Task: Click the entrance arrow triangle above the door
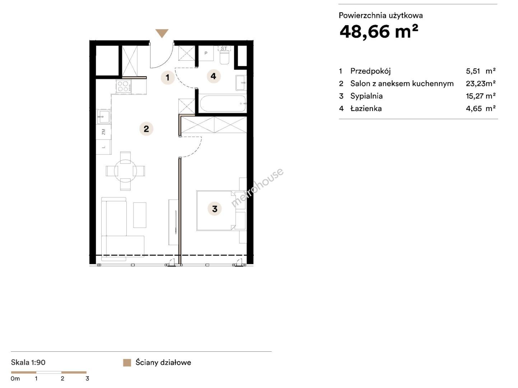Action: [162, 33]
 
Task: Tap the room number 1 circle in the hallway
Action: [168, 77]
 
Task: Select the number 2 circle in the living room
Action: [146, 129]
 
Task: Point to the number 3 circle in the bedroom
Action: [215, 209]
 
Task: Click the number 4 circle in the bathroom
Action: [214, 76]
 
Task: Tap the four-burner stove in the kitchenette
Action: [124, 86]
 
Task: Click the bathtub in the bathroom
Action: [223, 103]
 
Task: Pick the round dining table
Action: [125, 171]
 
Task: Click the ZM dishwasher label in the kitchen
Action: [103, 132]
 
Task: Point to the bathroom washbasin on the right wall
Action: [241, 83]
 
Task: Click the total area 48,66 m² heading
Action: [379, 32]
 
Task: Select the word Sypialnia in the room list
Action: [367, 96]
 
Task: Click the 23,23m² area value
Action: [481, 83]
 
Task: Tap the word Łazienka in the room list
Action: [366, 108]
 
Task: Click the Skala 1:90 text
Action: [28, 362]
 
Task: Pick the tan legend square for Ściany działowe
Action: [127, 363]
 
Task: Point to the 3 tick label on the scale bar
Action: [87, 379]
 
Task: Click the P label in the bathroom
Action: [206, 53]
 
